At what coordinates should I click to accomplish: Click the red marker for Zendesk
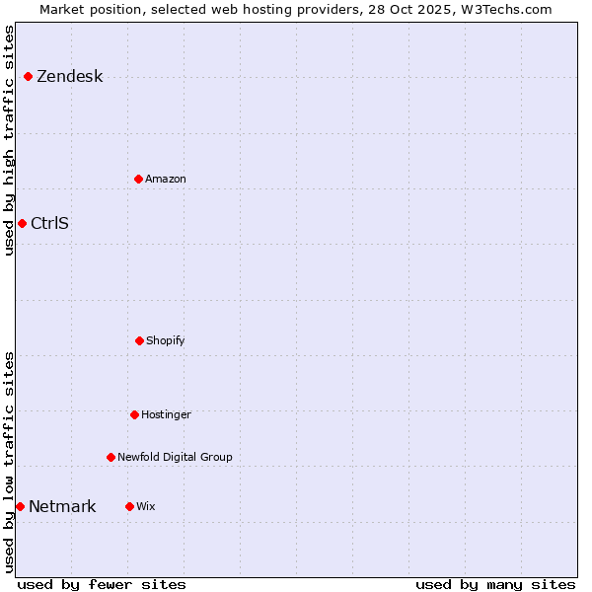pyautogui.click(x=28, y=77)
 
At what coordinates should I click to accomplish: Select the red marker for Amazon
pyautogui.click(x=138, y=179)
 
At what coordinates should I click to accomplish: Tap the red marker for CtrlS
pyautogui.click(x=22, y=223)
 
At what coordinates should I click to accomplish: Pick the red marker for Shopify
pyautogui.click(x=139, y=340)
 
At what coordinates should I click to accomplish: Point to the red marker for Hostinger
pyautogui.click(x=134, y=414)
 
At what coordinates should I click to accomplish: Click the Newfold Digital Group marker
pyautogui.click(x=111, y=457)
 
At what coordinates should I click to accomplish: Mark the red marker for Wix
pyautogui.click(x=129, y=506)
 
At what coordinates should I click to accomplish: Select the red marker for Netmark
pyautogui.click(x=20, y=506)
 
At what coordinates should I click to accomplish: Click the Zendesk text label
pyautogui.click(x=69, y=77)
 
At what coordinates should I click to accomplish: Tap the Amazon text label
pyautogui.click(x=166, y=179)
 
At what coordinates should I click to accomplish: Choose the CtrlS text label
pyautogui.click(x=49, y=223)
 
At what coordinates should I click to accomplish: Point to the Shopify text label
pyautogui.click(x=166, y=340)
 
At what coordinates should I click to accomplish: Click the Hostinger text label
pyautogui.click(x=166, y=414)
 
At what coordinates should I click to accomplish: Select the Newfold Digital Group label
pyautogui.click(x=175, y=457)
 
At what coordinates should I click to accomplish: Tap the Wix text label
pyautogui.click(x=146, y=506)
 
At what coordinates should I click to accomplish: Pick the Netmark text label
pyautogui.click(x=62, y=507)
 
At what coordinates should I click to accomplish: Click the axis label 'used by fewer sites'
pyautogui.click(x=102, y=584)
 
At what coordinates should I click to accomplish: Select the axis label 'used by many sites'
pyautogui.click(x=495, y=584)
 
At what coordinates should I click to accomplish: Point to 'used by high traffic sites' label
pyautogui.click(x=9, y=140)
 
